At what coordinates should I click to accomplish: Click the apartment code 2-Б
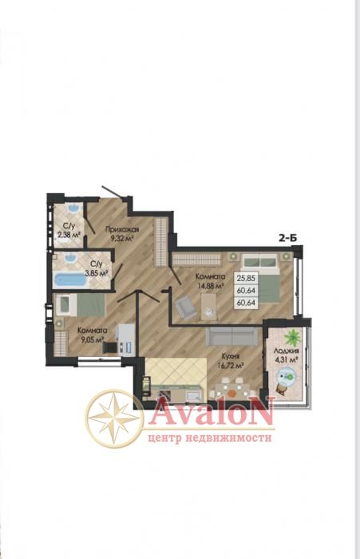tap(287, 239)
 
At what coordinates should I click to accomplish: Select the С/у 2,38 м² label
tap(69, 230)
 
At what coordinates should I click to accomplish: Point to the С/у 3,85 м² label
tap(97, 268)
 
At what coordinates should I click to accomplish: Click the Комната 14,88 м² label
tap(210, 280)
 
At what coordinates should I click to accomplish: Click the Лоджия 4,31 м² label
tap(286, 355)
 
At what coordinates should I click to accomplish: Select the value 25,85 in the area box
tap(246, 279)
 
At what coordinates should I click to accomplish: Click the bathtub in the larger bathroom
tap(70, 280)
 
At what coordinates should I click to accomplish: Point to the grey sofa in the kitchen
tap(231, 336)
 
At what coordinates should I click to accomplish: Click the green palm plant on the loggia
tap(293, 336)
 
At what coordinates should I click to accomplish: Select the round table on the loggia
tap(287, 376)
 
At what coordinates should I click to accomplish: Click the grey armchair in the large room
tap(186, 307)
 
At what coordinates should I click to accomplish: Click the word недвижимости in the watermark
tap(228, 437)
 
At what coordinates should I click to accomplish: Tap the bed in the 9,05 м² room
tap(80, 305)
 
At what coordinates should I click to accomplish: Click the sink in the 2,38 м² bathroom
tap(73, 208)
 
